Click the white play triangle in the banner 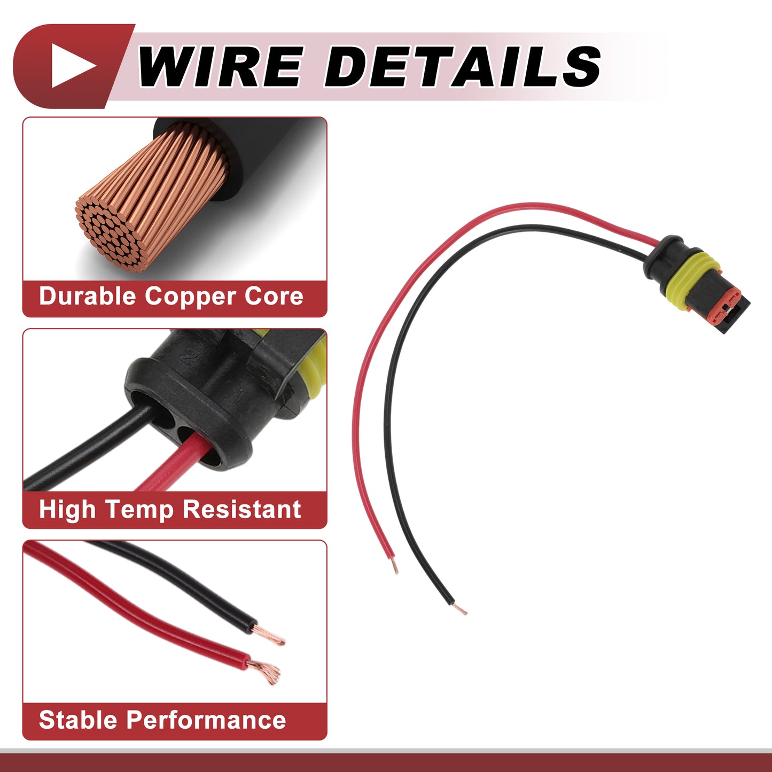click(72, 66)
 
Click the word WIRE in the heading click(219, 66)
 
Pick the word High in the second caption click(67, 510)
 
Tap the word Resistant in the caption click(241, 509)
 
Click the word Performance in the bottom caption click(206, 720)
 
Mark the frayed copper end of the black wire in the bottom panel click(270, 637)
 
